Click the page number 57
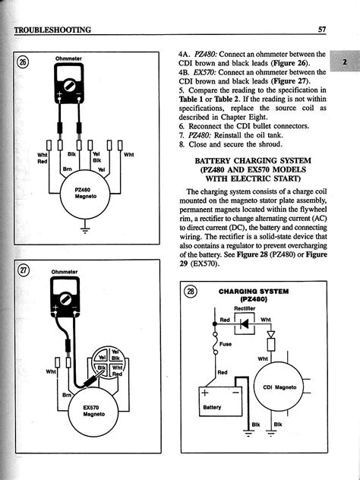pos(322,30)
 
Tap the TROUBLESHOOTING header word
pos(52,30)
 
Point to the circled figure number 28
pos(191,291)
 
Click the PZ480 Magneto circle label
pos(84,193)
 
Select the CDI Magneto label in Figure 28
pos(279,387)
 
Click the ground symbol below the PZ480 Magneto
pos(85,229)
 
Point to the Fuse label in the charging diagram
pos(226,344)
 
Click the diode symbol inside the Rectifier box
pos(244,324)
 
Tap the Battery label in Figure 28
pos(212,407)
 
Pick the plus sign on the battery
pos(204,393)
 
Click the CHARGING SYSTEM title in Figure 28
pos(254,291)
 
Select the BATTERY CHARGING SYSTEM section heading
pos(253,160)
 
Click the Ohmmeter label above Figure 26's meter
pos(68,58)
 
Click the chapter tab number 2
pos(345,62)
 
